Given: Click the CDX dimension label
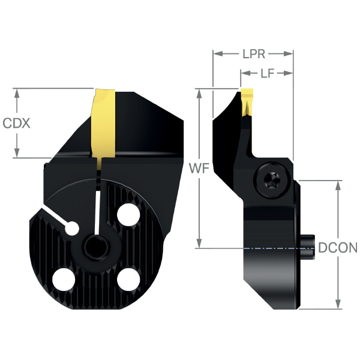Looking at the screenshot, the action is click(x=16, y=123).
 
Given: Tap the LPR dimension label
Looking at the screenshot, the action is click(x=254, y=54).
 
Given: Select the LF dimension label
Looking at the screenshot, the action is click(x=268, y=73).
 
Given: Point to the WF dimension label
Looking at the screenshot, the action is click(x=199, y=169).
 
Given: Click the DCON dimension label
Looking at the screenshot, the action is click(x=338, y=248).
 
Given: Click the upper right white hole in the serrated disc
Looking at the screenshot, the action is click(x=128, y=214).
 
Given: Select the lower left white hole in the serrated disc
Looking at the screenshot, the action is click(x=64, y=280).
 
